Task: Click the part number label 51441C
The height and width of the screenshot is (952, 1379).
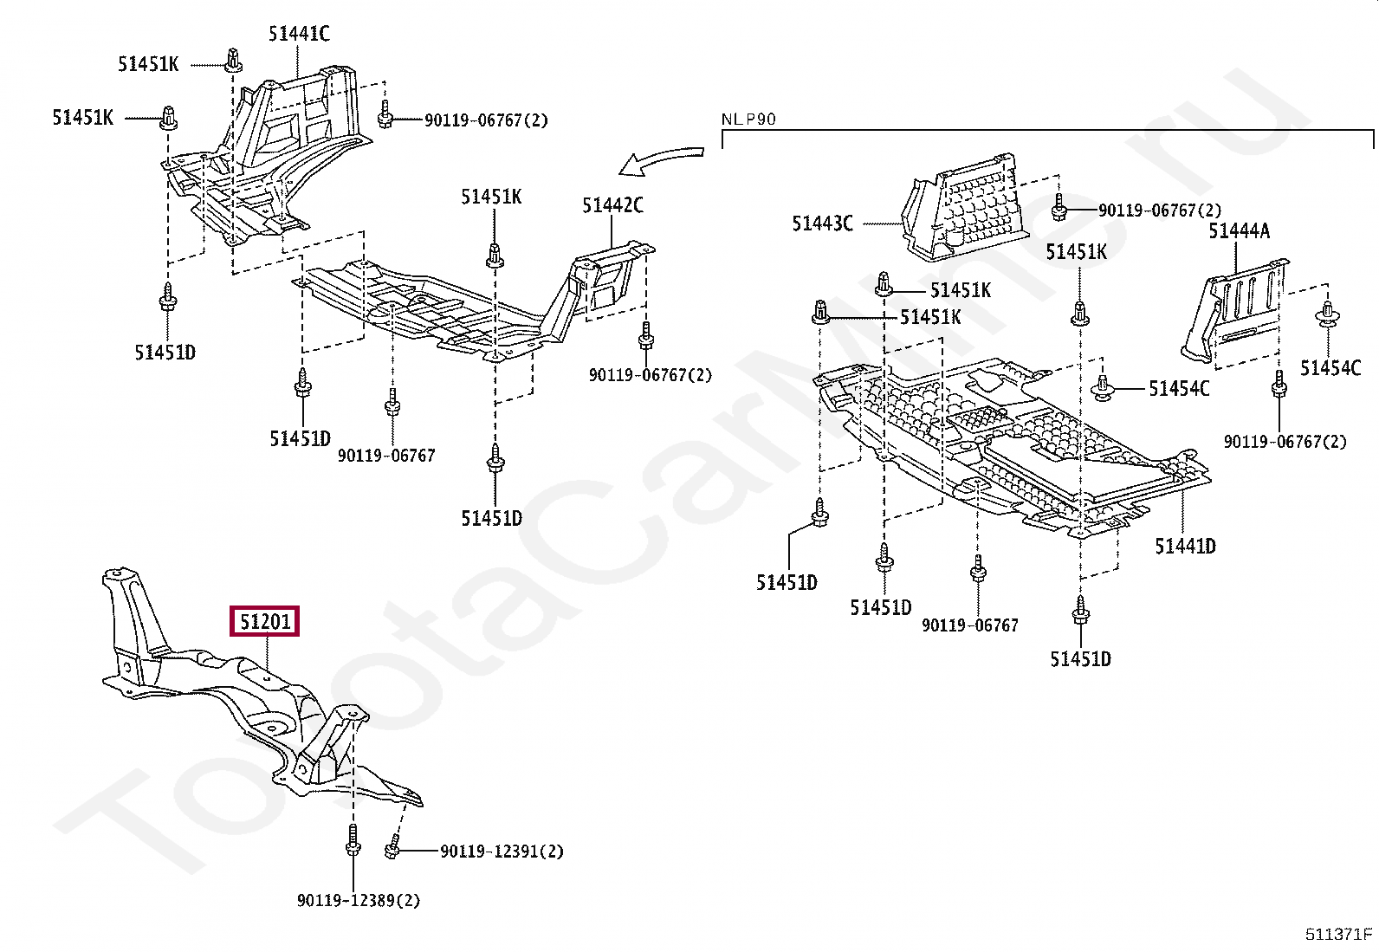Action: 299,34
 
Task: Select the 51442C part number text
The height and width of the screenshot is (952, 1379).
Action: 612,205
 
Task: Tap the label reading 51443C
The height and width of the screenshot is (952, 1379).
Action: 822,223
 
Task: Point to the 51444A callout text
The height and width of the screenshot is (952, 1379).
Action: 1239,230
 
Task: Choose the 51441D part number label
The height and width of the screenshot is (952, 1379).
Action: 1185,546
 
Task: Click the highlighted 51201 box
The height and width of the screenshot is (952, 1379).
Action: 264,621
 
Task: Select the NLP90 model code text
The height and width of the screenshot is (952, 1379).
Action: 748,120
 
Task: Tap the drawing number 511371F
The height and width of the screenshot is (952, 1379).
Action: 1338,934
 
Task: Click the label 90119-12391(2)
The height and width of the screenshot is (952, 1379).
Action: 502,852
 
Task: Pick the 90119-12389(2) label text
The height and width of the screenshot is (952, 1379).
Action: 358,901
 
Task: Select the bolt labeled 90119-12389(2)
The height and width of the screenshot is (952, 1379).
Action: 353,840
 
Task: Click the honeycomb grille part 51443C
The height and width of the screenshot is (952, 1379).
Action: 966,212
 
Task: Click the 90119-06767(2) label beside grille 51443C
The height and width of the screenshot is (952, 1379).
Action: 1160,210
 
